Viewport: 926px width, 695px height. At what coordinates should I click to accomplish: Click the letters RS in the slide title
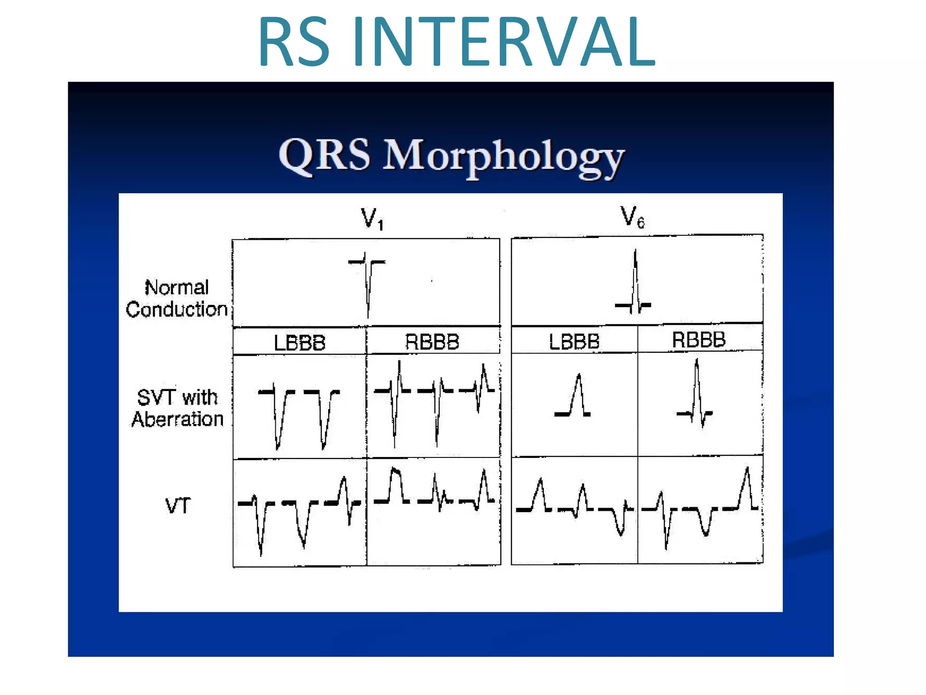[x=293, y=42]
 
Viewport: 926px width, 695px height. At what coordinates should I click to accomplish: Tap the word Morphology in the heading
[x=504, y=156]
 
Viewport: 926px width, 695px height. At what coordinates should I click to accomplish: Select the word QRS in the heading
[x=324, y=155]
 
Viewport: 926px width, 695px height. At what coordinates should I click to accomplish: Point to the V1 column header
[x=372, y=219]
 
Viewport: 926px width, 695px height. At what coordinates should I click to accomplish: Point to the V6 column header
[x=632, y=217]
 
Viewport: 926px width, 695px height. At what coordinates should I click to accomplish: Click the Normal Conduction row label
[x=176, y=299]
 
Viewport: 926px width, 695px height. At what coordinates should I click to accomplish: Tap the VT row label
[x=178, y=505]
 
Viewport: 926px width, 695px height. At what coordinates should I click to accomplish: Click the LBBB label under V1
[x=299, y=343]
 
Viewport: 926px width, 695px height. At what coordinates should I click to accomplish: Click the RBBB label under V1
[x=432, y=342]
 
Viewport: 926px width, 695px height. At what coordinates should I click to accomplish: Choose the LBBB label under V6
[x=574, y=342]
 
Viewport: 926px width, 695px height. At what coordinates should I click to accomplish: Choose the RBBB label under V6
[x=699, y=340]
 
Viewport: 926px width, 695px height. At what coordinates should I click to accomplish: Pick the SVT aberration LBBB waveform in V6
[x=573, y=398]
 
